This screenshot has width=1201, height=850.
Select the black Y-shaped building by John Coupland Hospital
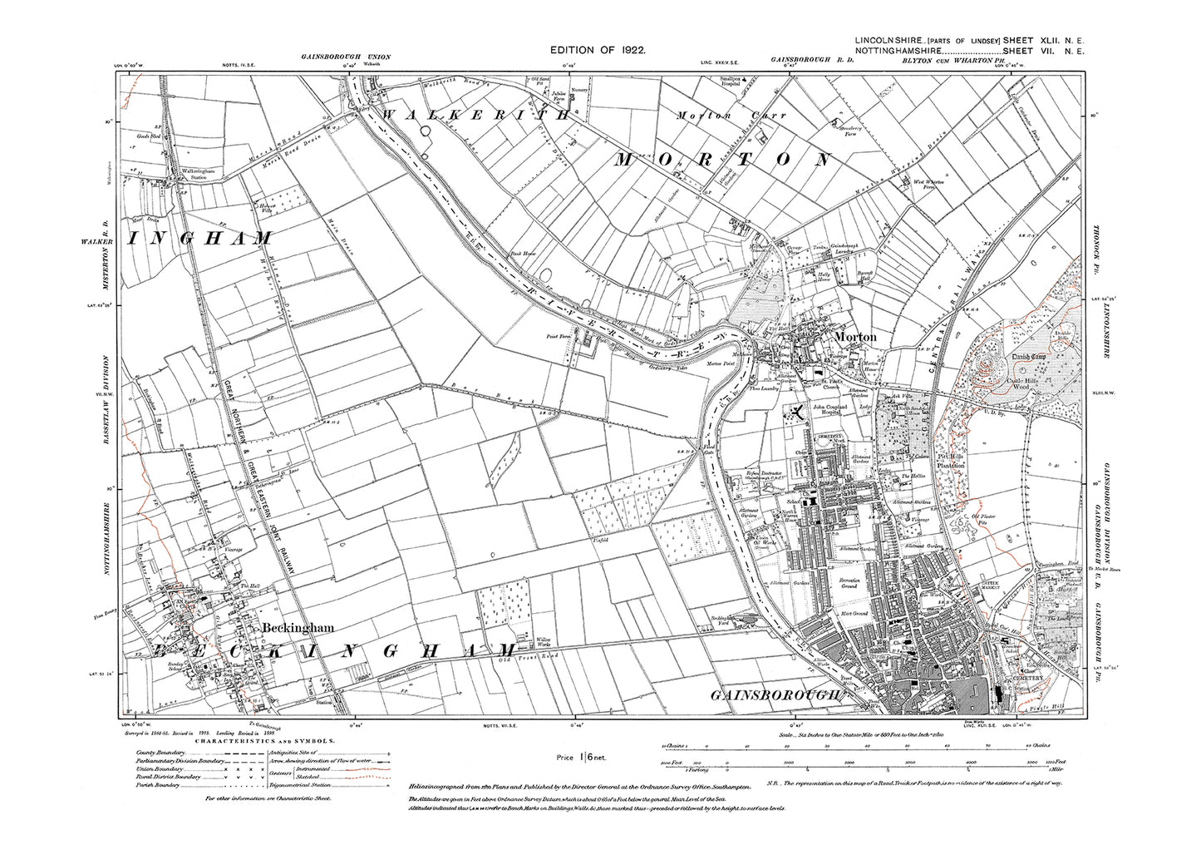pyautogui.click(x=797, y=413)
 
